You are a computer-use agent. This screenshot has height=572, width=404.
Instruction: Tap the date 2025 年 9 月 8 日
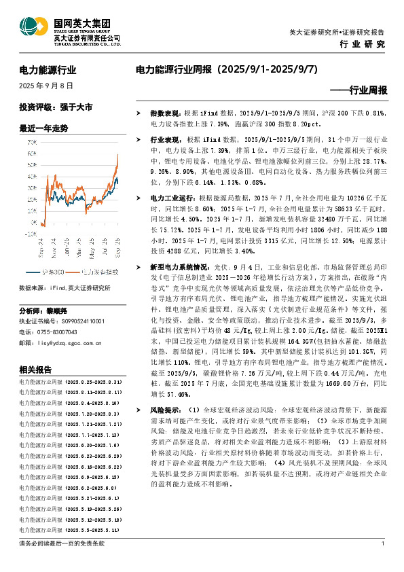pos(45,86)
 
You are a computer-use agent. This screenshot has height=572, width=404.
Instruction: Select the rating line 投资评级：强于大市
pos(56,107)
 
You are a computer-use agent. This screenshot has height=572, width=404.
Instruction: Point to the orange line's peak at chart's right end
pos(117,155)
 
